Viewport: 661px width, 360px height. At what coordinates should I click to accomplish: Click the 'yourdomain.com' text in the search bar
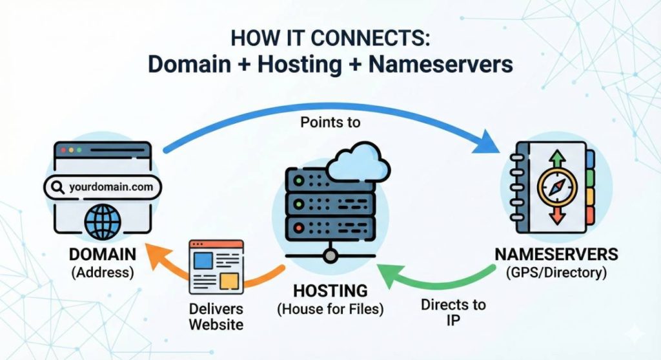point(111,186)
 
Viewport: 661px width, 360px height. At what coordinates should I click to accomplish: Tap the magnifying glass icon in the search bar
point(57,187)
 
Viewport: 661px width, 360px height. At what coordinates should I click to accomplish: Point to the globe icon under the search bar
point(103,221)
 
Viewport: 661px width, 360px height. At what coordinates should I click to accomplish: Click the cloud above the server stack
point(358,163)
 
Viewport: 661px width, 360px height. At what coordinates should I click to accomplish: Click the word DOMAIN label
point(103,255)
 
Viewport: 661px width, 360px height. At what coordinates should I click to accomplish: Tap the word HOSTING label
point(330,291)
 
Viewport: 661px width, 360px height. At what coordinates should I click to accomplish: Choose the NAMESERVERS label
point(556,255)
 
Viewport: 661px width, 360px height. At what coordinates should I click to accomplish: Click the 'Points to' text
point(330,122)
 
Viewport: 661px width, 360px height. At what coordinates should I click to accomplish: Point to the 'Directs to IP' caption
point(453,312)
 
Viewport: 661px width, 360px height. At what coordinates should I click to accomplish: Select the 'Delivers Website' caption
point(216,317)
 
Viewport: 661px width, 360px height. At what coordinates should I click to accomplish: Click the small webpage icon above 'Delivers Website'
point(216,267)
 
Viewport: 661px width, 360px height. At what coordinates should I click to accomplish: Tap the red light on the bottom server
point(299,228)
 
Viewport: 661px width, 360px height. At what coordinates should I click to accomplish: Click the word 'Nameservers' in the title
point(440,65)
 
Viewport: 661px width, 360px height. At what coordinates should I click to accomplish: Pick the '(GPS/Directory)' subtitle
point(556,272)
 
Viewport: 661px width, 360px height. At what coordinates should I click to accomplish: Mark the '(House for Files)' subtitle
point(330,309)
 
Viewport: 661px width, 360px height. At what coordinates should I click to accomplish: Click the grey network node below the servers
point(330,255)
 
